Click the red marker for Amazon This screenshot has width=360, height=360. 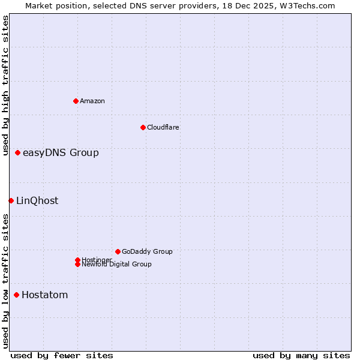coord(76,101)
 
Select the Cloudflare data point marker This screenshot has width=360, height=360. coord(143,127)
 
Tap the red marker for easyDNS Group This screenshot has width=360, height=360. coord(18,153)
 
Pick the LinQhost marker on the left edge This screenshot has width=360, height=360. coord(11,200)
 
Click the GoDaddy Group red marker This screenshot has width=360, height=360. coord(118,251)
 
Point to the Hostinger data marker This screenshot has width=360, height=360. coord(77,260)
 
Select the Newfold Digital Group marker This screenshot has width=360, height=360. coord(77,265)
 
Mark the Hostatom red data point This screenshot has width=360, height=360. coord(16,295)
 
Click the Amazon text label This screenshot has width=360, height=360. coord(92,101)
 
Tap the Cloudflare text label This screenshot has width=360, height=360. coord(163,127)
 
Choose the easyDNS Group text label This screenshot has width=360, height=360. coord(61,153)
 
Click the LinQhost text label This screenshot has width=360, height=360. coord(37,201)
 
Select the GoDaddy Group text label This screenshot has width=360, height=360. coord(147,251)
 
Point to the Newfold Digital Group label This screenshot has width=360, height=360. coord(117,265)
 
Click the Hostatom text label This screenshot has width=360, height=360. coord(45,295)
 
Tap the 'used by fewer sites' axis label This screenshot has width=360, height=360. coord(62,355)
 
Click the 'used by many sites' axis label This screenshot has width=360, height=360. coord(301,355)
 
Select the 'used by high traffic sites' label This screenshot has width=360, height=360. coord(5,85)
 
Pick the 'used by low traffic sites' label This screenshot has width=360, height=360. coord(5,281)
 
